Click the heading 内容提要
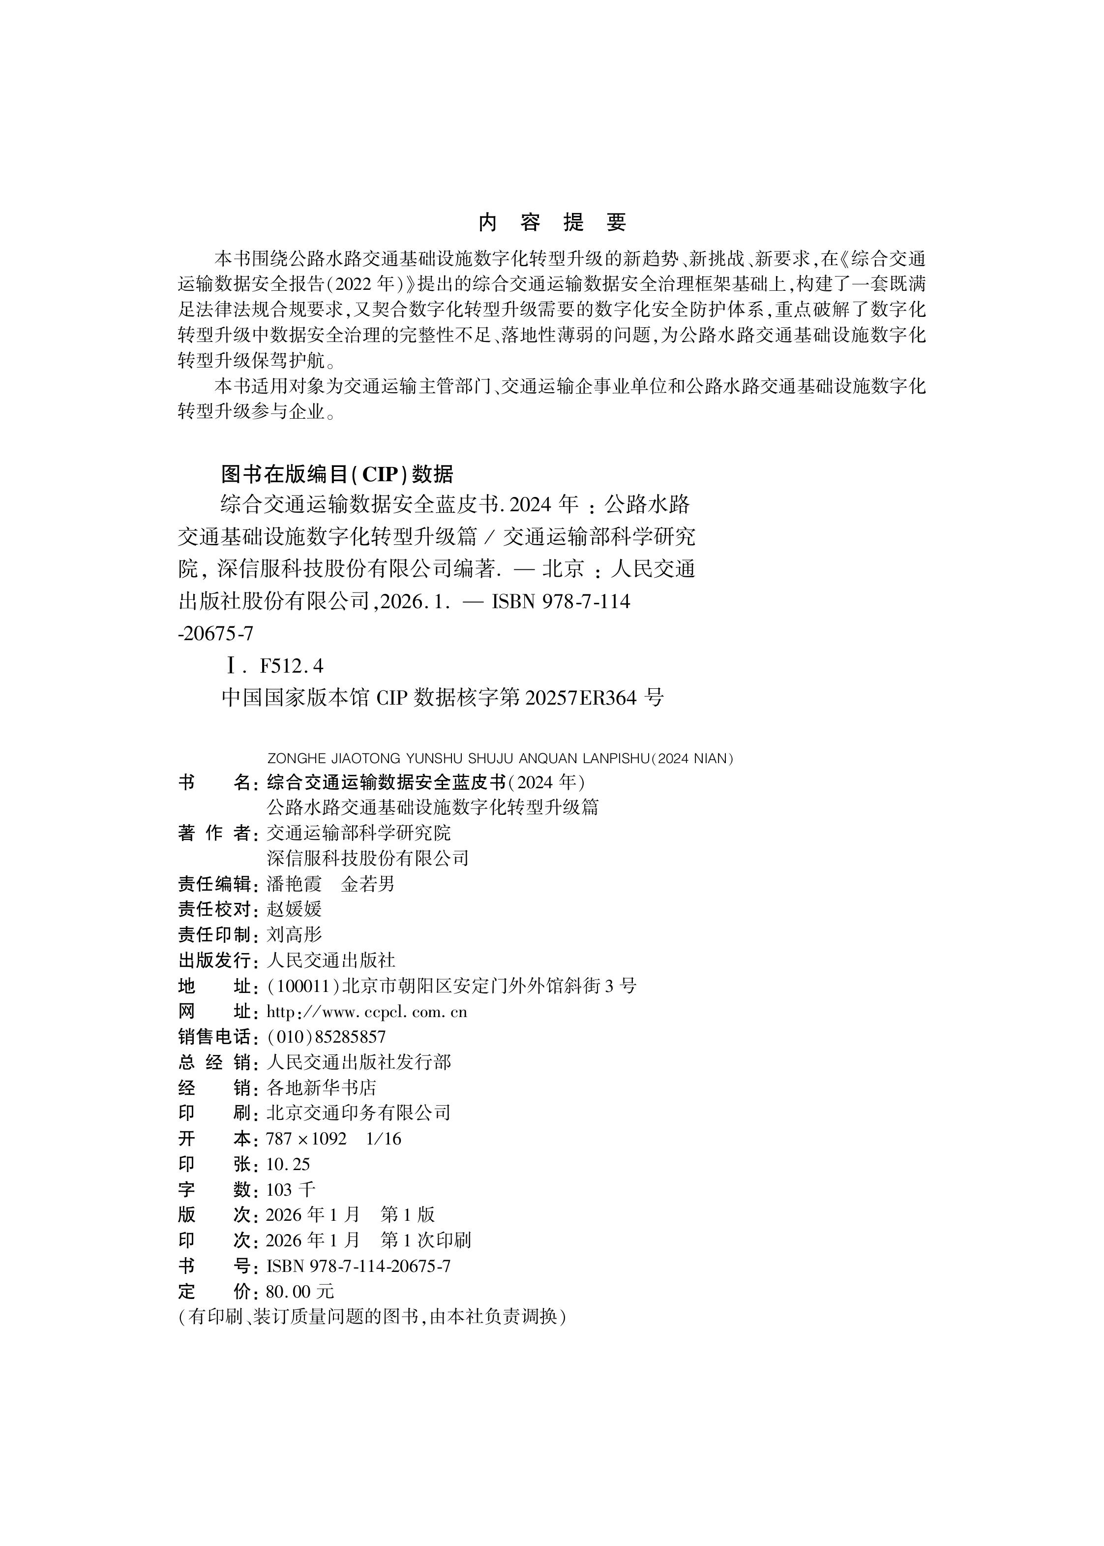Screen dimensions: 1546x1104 551,222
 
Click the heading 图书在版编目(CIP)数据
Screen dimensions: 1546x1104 337,473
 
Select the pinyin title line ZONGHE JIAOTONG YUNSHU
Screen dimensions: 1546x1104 501,758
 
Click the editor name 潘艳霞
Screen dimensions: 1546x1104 294,884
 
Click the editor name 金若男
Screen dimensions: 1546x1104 368,884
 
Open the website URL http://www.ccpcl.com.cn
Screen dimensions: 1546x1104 366,1012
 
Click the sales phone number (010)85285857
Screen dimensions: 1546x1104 327,1037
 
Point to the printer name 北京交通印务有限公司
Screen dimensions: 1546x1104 358,1113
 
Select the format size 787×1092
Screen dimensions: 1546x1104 306,1139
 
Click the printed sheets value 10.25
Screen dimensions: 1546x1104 288,1164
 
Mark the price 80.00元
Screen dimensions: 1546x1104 300,1292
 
